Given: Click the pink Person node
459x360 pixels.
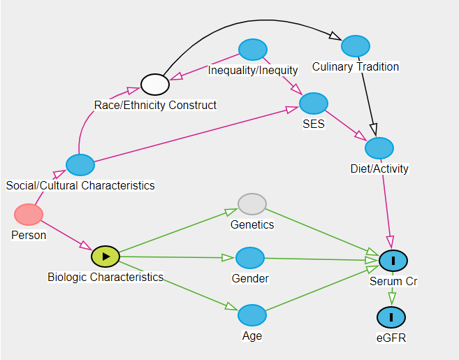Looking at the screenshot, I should pos(29,215).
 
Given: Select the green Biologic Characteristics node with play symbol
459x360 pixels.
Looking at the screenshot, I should pos(105,257).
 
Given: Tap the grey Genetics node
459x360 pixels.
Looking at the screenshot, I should pos(252,203).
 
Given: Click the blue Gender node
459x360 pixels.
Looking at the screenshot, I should pos(250,258).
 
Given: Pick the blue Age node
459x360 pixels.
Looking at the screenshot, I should pos(252,315).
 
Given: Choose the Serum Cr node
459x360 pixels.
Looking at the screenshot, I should pos(393,260).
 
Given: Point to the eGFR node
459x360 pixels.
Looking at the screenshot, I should pos(391,317).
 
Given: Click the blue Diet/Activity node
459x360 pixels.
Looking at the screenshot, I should pos(379,148).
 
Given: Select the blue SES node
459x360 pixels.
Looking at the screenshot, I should pos(314,103).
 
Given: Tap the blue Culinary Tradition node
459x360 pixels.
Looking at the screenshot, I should pos(356,46).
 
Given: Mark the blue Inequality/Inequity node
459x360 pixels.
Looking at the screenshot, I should pos(253,50).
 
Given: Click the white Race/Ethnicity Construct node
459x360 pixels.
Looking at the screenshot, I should pos(155,85).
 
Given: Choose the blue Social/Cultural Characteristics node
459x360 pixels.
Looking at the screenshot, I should pos(80,165).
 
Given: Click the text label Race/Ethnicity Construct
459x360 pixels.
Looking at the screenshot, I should pos(155,106).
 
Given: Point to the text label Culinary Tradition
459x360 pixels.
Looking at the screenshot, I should pos(356,67).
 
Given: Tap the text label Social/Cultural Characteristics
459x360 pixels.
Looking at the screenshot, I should pos(80,186).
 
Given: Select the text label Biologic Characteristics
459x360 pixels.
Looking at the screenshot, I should pos(105,277).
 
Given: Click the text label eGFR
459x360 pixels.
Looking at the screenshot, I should pos(391,338).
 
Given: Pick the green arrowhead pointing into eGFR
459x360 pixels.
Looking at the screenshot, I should pos(392,299).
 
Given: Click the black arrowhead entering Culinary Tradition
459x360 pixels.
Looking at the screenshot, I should pos(335,38).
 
